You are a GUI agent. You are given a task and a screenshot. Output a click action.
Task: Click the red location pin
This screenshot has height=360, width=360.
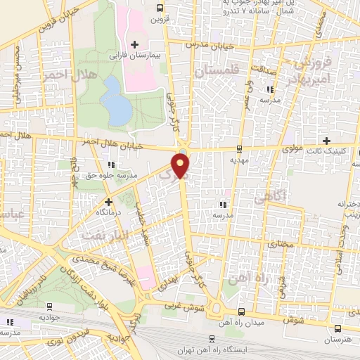coord(182,167)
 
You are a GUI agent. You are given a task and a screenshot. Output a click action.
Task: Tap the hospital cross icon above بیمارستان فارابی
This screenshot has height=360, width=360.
coord(134,44)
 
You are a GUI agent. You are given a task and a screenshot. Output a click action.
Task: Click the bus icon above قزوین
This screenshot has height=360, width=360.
coord(161,8)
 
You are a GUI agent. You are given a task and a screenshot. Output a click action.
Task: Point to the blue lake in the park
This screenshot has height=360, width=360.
coord(115,100)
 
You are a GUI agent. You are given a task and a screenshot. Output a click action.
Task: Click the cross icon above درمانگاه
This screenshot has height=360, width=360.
coord(108,202)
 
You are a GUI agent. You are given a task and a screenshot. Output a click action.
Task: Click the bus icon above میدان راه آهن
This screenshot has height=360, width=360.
coord(241,311)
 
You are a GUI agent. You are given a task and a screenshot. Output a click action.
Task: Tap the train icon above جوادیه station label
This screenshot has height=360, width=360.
coord(49,306)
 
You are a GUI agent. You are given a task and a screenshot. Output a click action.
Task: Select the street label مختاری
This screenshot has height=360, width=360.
coord(281,243)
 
